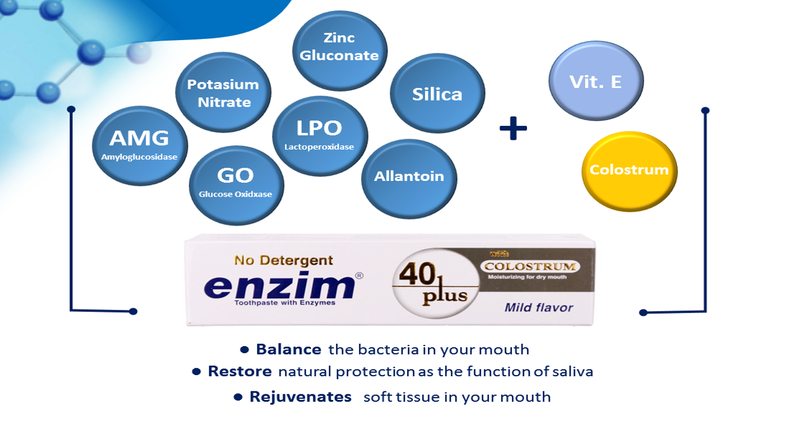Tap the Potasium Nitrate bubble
223,93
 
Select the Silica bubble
437,94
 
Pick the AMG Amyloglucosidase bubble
140,146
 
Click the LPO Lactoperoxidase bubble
320,136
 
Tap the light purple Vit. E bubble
595,81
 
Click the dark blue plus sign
513,129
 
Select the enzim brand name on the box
279,285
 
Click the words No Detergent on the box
283,260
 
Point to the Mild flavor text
538,307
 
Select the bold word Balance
288,350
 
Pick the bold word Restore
240,371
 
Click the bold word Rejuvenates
300,397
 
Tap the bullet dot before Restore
197,371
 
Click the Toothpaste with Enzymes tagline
284,303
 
